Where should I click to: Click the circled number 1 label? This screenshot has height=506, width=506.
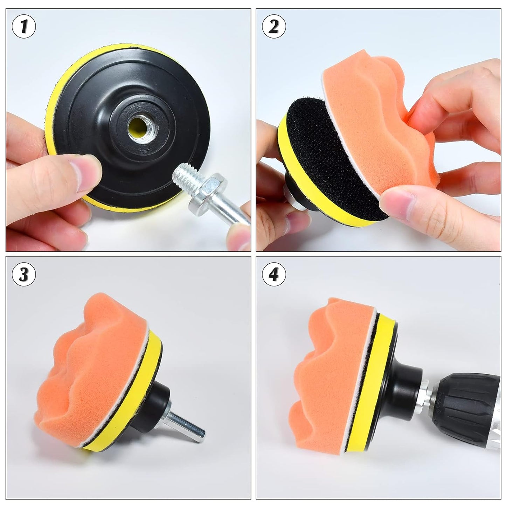(23, 26)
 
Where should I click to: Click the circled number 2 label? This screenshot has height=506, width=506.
(273, 26)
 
